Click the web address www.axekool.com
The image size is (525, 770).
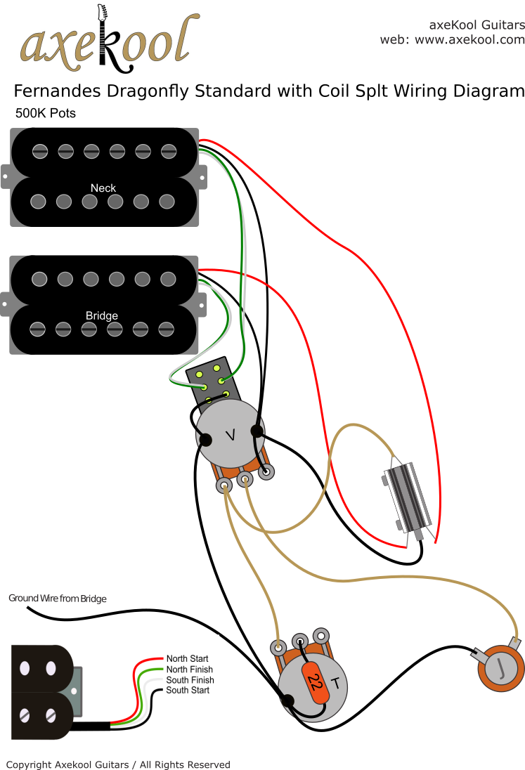(469, 40)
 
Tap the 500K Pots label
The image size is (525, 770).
(45, 113)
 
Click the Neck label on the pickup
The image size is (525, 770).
(103, 188)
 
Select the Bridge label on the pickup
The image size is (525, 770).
(102, 315)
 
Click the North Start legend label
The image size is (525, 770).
(187, 659)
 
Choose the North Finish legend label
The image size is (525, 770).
(189, 670)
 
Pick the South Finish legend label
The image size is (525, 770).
(190, 680)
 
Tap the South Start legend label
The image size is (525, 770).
(188, 691)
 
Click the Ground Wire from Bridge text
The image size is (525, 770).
(58, 599)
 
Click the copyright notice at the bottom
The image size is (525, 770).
(118, 764)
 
